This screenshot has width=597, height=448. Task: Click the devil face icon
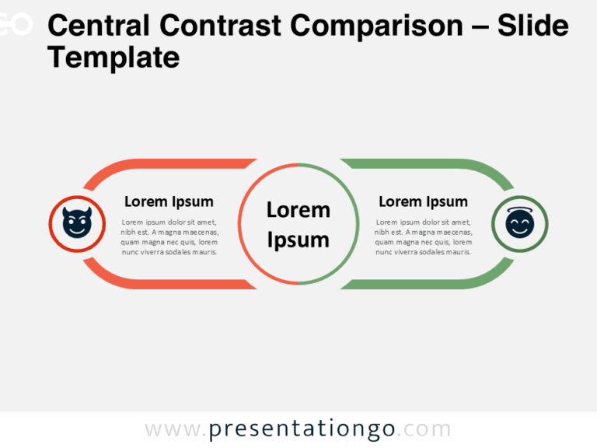point(76,224)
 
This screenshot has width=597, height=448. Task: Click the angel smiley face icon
point(520,224)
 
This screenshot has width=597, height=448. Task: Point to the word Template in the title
point(113,57)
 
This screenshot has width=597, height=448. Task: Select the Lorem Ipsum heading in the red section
point(169,201)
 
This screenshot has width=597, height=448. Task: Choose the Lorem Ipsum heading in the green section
point(423,201)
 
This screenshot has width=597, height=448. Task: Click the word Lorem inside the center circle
point(298,210)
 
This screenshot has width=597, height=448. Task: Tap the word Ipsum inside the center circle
point(298,240)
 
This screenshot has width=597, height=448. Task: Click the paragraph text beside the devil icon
point(169,236)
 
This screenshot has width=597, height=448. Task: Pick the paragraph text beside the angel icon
point(423,236)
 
